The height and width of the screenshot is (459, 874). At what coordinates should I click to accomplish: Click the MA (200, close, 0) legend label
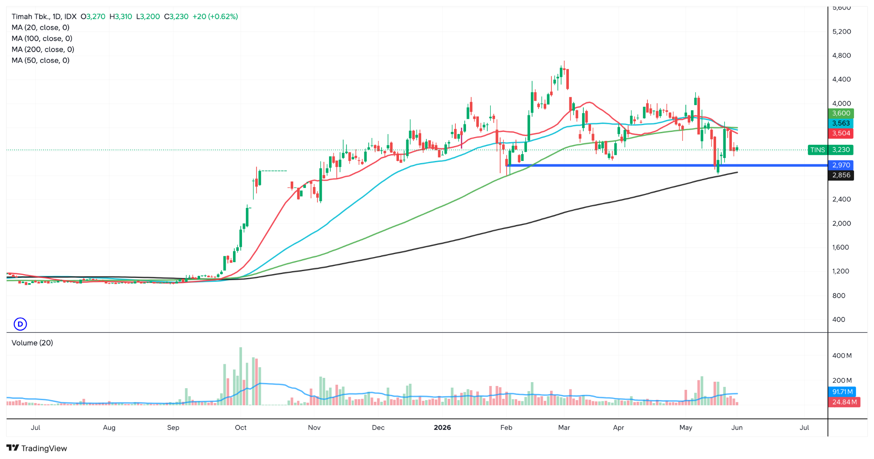point(43,50)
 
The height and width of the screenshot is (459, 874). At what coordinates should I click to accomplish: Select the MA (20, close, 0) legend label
point(41,28)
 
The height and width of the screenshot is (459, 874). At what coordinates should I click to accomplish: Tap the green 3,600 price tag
point(841,113)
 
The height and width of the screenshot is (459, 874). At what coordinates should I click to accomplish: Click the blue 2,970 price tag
point(841,165)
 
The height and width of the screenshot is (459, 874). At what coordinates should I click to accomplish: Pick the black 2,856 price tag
point(841,175)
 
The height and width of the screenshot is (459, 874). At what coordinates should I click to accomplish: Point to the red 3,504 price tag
point(841,133)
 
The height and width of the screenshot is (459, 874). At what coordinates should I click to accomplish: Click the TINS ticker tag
point(818,150)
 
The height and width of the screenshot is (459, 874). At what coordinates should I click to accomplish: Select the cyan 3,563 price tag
point(841,123)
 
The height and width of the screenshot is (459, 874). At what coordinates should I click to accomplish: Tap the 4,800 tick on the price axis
point(842,56)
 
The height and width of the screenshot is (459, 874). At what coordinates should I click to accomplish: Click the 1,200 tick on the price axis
point(841,271)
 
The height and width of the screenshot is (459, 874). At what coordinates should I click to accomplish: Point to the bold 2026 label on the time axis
point(442,427)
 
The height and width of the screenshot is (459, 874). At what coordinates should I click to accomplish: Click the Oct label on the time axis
point(241,427)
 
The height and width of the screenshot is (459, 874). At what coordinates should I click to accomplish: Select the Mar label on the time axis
point(564,427)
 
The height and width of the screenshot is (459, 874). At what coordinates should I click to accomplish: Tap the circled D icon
point(20,324)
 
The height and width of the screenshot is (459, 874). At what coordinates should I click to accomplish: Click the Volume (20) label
point(32,343)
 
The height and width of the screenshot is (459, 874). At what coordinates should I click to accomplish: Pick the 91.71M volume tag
point(842,392)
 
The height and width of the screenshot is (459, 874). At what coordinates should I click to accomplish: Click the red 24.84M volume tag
point(844,402)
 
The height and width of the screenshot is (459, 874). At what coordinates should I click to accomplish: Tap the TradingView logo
point(37,448)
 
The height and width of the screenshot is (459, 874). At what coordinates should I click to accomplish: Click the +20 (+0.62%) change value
point(215,17)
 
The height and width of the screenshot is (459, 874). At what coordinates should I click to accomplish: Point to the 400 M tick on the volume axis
point(842,356)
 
